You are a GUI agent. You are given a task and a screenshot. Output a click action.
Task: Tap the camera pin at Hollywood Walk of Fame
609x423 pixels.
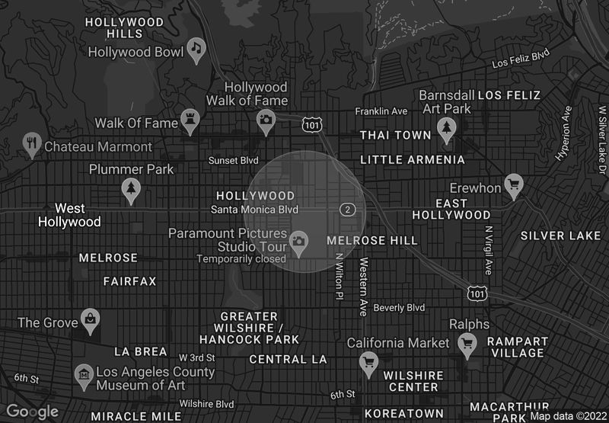tap(266, 120)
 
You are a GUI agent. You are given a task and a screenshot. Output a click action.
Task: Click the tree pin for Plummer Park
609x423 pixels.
tap(132, 187)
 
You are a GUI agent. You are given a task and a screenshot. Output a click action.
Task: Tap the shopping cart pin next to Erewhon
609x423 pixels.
tap(515, 184)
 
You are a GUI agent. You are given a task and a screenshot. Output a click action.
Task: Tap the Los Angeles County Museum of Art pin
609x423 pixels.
tap(84, 375)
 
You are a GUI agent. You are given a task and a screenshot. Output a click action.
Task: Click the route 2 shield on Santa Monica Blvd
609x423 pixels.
tap(347, 209)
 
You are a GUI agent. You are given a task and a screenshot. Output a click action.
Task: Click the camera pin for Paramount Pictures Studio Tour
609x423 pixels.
tap(298, 242)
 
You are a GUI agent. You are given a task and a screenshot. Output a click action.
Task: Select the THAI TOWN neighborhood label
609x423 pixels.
tap(396, 135)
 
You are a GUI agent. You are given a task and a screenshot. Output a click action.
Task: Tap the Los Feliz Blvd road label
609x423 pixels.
tap(521, 59)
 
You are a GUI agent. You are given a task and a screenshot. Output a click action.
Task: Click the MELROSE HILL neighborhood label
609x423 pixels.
tap(372, 241)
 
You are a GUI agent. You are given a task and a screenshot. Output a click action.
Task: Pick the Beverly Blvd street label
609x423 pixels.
tap(399, 308)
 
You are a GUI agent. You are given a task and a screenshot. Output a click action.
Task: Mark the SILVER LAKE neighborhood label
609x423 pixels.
tap(560, 236)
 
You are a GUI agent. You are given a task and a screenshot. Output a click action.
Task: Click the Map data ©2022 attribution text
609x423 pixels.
tap(567, 416)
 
